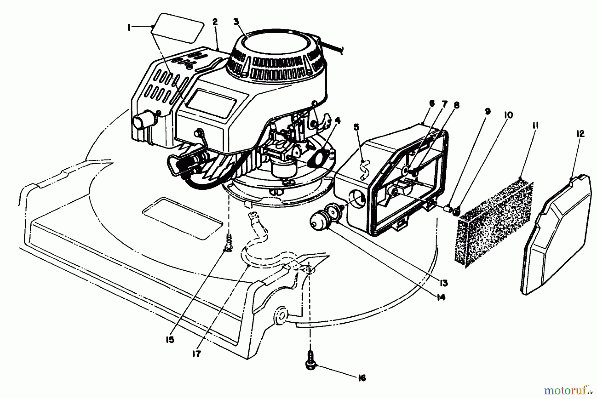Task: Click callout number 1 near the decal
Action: tap(129, 28)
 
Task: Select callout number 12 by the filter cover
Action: tap(580, 134)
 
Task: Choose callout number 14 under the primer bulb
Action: tap(441, 297)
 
